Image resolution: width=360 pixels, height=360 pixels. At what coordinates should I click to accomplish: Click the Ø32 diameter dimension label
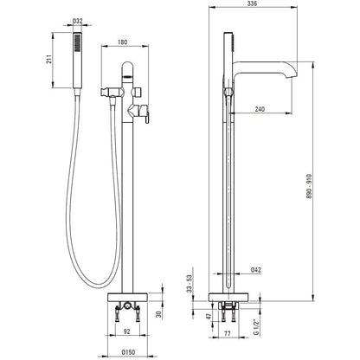77,21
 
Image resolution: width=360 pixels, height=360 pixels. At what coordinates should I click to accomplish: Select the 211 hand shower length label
49,59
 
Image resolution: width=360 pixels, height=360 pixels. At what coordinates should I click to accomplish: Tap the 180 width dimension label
122,42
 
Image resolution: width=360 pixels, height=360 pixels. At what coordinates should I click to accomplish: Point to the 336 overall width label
252,3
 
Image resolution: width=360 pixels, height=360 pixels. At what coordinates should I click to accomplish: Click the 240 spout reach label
260,109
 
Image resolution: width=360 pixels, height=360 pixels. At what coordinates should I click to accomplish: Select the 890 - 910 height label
309,188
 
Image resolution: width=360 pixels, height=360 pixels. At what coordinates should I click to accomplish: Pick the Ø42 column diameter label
256,270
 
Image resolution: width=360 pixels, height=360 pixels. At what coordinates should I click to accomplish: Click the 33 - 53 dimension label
190,284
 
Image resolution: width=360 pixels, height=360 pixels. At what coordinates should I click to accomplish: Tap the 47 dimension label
209,317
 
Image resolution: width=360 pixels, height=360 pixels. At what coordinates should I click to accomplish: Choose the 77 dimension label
228,334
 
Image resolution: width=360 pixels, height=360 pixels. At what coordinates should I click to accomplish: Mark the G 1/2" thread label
255,327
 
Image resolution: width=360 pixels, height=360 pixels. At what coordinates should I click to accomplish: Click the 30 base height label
159,314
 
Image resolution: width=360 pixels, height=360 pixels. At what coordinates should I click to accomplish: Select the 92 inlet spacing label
127,331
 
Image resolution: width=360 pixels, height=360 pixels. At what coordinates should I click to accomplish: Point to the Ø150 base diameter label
128,352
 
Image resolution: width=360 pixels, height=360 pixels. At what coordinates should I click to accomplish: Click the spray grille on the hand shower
77,42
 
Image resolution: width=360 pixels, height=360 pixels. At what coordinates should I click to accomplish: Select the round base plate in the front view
127,297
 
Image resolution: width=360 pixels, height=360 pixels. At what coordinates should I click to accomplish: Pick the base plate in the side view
228,297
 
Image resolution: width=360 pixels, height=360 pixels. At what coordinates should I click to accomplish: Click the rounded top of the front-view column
127,67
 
